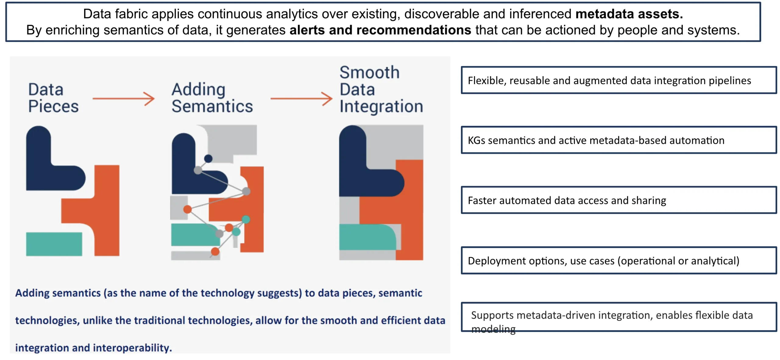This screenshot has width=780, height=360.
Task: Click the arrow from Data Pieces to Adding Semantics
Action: (x=123, y=98)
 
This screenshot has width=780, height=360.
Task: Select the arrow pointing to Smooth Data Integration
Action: (x=301, y=98)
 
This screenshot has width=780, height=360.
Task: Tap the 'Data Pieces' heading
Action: (x=53, y=98)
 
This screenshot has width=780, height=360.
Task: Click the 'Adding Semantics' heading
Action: (x=212, y=98)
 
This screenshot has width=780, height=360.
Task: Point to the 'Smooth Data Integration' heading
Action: (x=381, y=89)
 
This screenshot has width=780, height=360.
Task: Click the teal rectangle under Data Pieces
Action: (x=54, y=244)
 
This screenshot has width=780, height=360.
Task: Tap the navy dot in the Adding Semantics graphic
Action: (x=208, y=159)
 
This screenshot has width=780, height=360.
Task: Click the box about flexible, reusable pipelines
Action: (x=619, y=80)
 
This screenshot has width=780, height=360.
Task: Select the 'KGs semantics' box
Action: (x=619, y=140)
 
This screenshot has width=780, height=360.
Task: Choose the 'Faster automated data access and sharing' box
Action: (x=619, y=200)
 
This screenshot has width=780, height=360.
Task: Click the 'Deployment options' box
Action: (x=619, y=260)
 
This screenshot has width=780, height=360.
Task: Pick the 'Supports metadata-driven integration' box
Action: (x=619, y=317)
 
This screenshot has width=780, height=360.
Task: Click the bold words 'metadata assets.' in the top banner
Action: (x=629, y=14)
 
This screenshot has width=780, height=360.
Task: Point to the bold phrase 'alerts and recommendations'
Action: (x=380, y=30)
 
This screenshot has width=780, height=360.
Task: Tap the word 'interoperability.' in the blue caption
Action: (x=132, y=348)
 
